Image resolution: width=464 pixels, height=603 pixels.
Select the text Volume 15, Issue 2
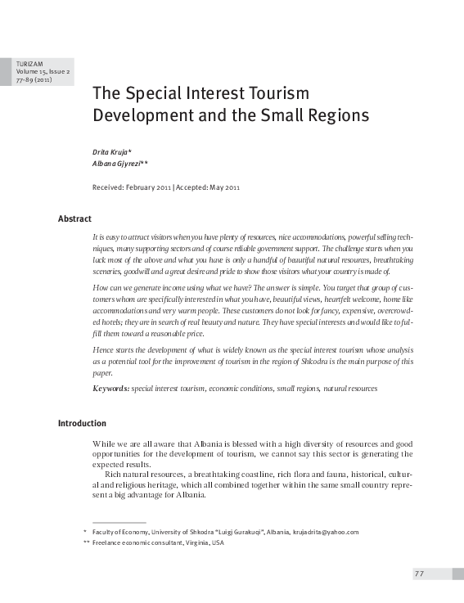(x=39, y=72)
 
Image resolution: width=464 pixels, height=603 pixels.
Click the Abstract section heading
(x=74, y=218)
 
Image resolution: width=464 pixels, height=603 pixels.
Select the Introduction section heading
(x=82, y=423)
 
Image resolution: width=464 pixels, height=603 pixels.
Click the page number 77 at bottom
(x=417, y=573)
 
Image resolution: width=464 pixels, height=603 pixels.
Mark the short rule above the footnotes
(x=119, y=521)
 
